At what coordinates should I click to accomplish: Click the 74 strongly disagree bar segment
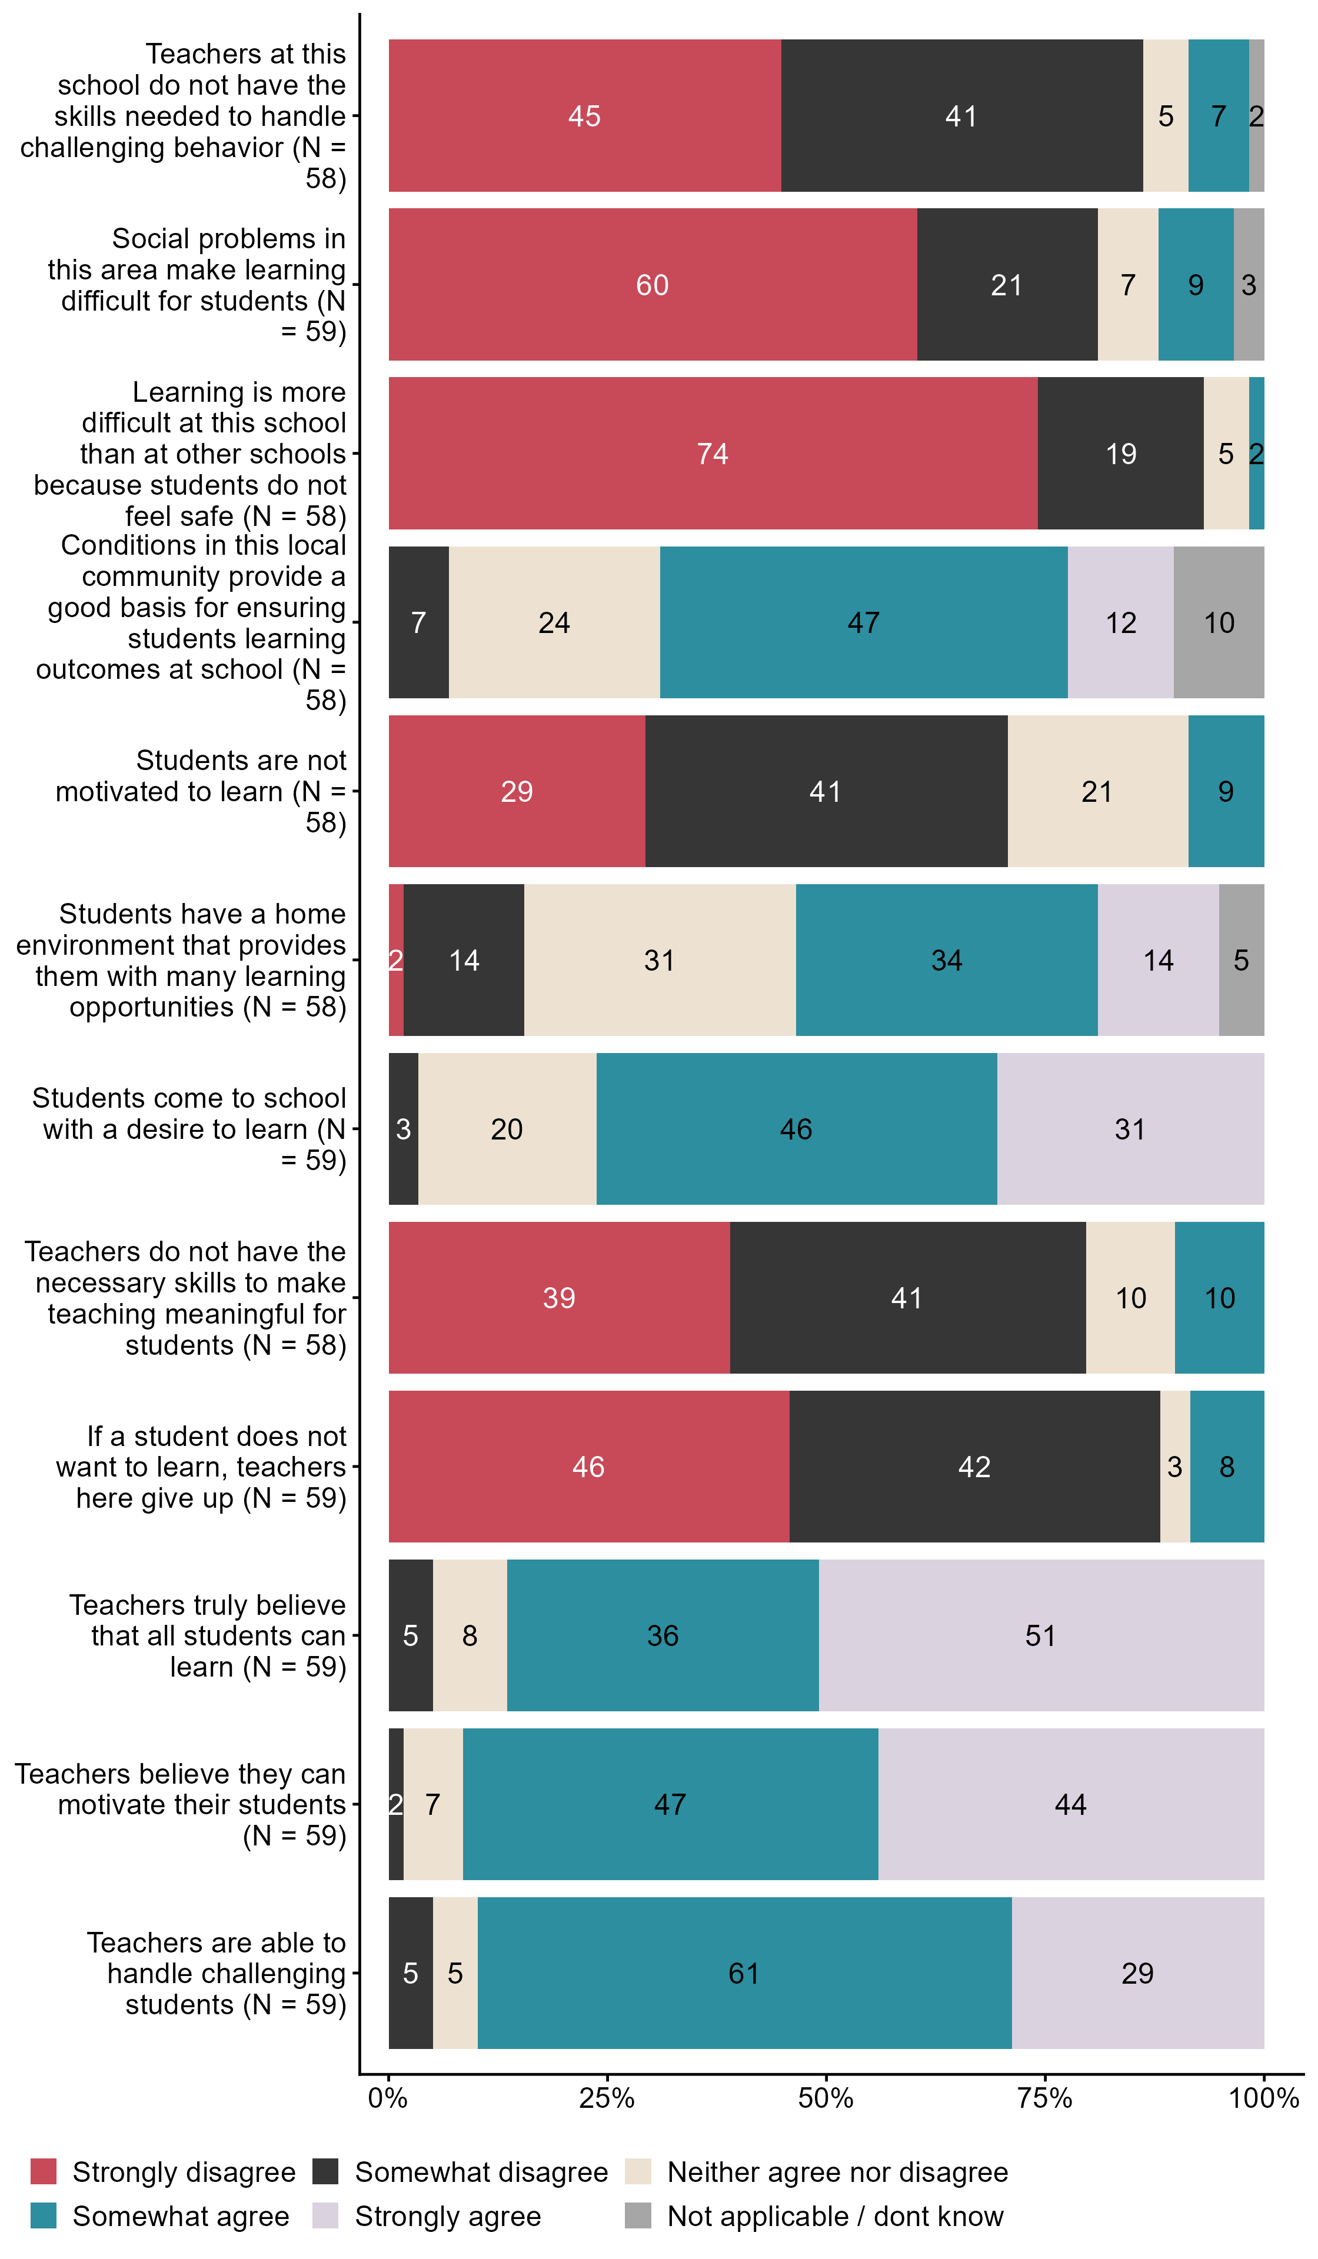tap(713, 453)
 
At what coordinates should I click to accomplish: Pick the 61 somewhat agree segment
tap(744, 1973)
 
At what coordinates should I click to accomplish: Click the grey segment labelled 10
tap(1219, 622)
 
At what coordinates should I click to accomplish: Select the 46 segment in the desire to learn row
tap(796, 1128)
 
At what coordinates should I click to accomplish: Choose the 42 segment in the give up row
tap(974, 1467)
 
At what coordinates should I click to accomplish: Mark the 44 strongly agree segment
tap(1070, 1804)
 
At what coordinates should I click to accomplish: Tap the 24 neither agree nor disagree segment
tap(554, 622)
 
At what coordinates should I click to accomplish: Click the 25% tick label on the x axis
tap(607, 2098)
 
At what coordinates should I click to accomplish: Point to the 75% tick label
tap(1044, 2098)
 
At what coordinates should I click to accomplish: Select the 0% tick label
tap(388, 2098)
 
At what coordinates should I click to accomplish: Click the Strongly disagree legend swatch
tap(43, 2171)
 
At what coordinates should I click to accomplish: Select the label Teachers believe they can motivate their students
tap(180, 1804)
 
